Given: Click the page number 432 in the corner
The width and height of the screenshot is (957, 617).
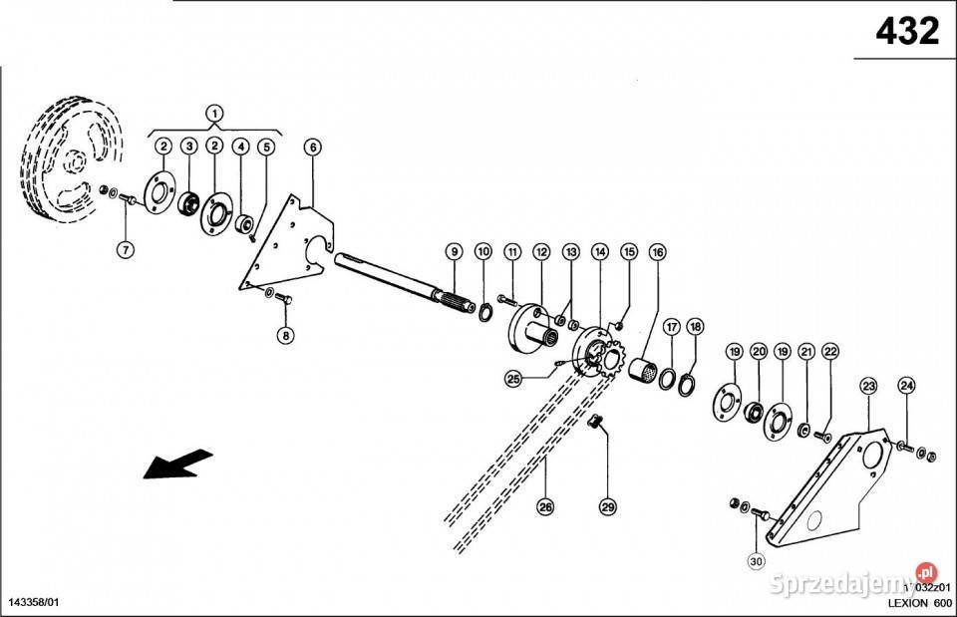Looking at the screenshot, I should pos(907,32).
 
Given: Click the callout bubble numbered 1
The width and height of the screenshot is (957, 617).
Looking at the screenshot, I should pos(215,113).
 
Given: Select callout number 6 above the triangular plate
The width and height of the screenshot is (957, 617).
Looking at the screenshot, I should pos(313,148).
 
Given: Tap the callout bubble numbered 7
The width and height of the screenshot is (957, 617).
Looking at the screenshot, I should pos(126,250).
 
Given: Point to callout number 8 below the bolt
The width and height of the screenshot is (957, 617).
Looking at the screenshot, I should pos(286,335).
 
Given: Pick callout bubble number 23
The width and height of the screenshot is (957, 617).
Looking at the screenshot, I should pos(868,386).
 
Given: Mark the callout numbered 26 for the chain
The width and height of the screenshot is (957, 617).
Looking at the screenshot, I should pos(544,507).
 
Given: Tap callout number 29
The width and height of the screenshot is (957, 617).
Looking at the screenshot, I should pos(608,507).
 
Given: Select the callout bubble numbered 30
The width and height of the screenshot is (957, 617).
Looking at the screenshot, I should pos(756,562).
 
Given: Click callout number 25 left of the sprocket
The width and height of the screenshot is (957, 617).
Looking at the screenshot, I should pos(513,378).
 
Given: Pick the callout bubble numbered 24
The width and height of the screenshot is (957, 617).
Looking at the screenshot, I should pos(906,386).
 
